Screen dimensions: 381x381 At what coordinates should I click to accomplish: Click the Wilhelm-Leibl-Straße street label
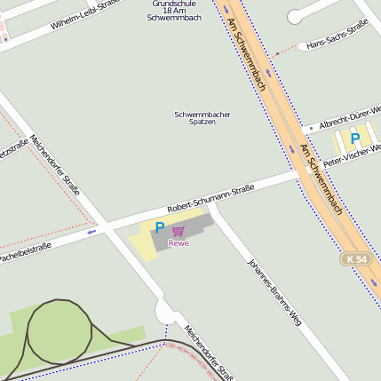[85, 15]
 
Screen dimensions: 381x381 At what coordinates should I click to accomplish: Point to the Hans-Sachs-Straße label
[337, 36]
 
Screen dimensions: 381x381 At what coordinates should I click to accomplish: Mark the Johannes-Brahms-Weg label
[274, 292]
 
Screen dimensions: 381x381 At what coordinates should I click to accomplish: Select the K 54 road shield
[354, 258]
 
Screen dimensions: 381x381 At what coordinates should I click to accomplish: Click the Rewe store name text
[179, 242]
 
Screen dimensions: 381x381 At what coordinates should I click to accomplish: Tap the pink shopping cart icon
[179, 230]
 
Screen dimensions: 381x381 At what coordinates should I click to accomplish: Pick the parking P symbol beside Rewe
[160, 227]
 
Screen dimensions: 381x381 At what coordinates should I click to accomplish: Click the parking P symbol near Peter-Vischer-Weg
[355, 139]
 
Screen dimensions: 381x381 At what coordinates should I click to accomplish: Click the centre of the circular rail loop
[60, 332]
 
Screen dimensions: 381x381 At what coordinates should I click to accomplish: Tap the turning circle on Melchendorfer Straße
[166, 312]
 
